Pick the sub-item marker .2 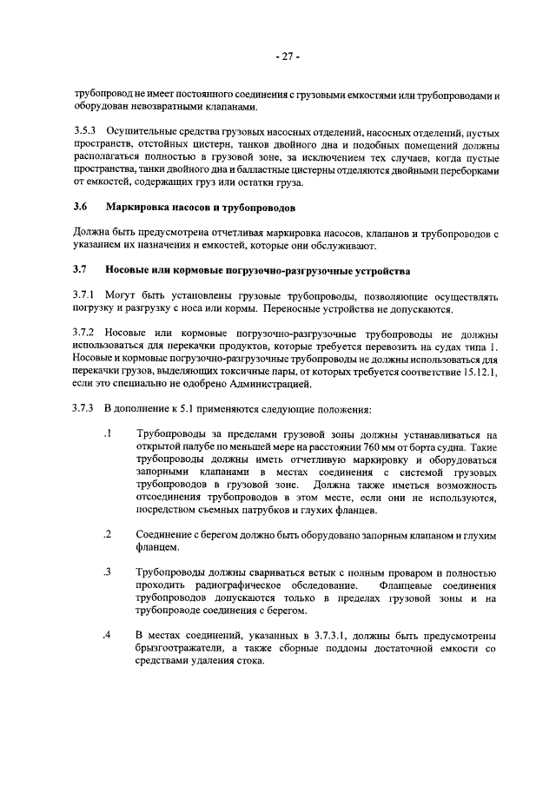point(107,534)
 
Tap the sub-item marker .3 point(107,571)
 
